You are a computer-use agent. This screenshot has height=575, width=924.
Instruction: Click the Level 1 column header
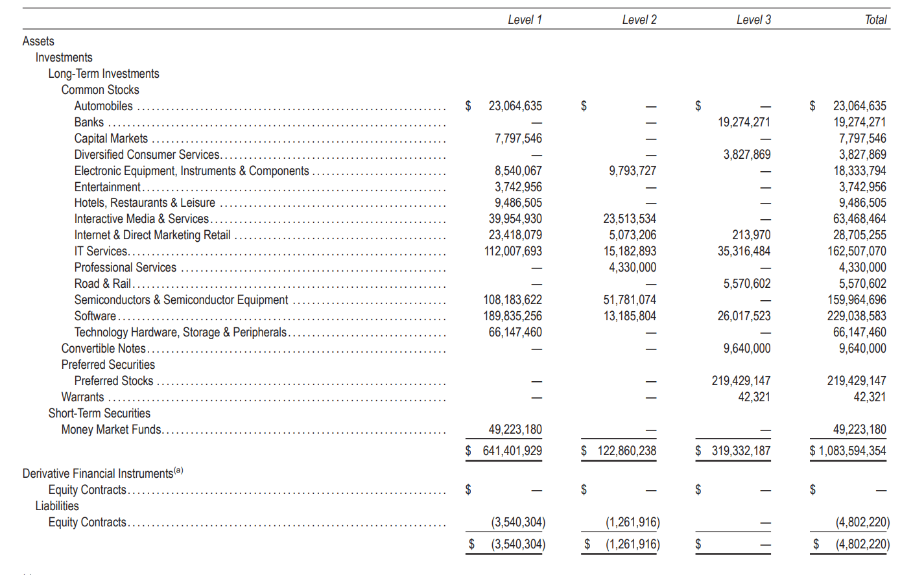(525, 20)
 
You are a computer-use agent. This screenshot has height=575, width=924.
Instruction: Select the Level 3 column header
(753, 20)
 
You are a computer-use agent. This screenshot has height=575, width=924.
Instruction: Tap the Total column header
(875, 20)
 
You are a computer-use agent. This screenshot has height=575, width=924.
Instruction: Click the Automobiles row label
(103, 106)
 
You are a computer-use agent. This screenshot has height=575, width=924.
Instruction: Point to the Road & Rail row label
(102, 284)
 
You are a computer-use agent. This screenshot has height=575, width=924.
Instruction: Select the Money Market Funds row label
(111, 430)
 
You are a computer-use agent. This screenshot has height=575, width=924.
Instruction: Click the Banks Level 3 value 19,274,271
(744, 123)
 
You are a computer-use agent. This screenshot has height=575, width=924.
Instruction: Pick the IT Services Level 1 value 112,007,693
(513, 252)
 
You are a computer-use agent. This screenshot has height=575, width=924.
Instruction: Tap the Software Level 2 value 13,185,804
(629, 316)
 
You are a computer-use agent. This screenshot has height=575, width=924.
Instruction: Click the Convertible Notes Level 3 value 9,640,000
(747, 349)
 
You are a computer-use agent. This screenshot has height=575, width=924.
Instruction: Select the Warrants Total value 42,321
(870, 397)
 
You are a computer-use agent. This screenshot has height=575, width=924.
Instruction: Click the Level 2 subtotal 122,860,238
(626, 451)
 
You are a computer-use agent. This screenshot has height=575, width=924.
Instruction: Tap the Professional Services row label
(125, 268)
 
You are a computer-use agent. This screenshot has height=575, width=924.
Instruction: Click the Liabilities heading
(57, 506)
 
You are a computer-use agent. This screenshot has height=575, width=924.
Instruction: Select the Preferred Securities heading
(108, 365)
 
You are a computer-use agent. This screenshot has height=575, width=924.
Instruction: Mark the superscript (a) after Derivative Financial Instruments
(178, 471)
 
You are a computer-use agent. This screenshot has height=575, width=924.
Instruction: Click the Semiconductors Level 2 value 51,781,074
(629, 300)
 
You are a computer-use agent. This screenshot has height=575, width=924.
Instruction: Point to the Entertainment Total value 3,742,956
(859, 187)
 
